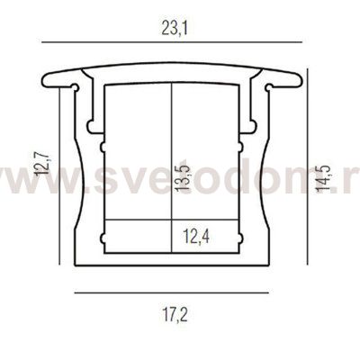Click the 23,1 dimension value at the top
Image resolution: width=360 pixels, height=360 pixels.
tap(171, 28)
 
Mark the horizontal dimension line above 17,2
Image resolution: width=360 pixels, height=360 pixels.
tap(171, 293)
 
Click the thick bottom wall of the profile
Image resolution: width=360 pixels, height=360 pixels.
tap(171, 260)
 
